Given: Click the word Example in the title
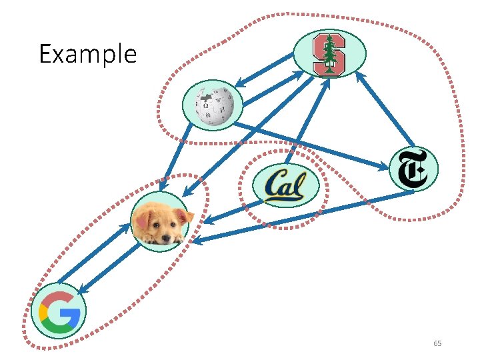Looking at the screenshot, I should pyautogui.click(x=87, y=53).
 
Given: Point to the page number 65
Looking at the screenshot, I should pyautogui.click(x=437, y=343).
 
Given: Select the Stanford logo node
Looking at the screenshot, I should pyautogui.click(x=329, y=53).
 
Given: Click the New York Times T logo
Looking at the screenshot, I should pyautogui.click(x=413, y=169).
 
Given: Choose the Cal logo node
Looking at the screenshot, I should pyautogui.click(x=285, y=185).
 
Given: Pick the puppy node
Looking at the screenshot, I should pyautogui.click(x=160, y=222).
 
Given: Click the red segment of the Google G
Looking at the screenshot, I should pyautogui.click(x=60, y=297).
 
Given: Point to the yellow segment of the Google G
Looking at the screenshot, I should pyautogui.click(x=44, y=312).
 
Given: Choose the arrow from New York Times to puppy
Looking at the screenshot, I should pyautogui.click(x=300, y=216).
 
